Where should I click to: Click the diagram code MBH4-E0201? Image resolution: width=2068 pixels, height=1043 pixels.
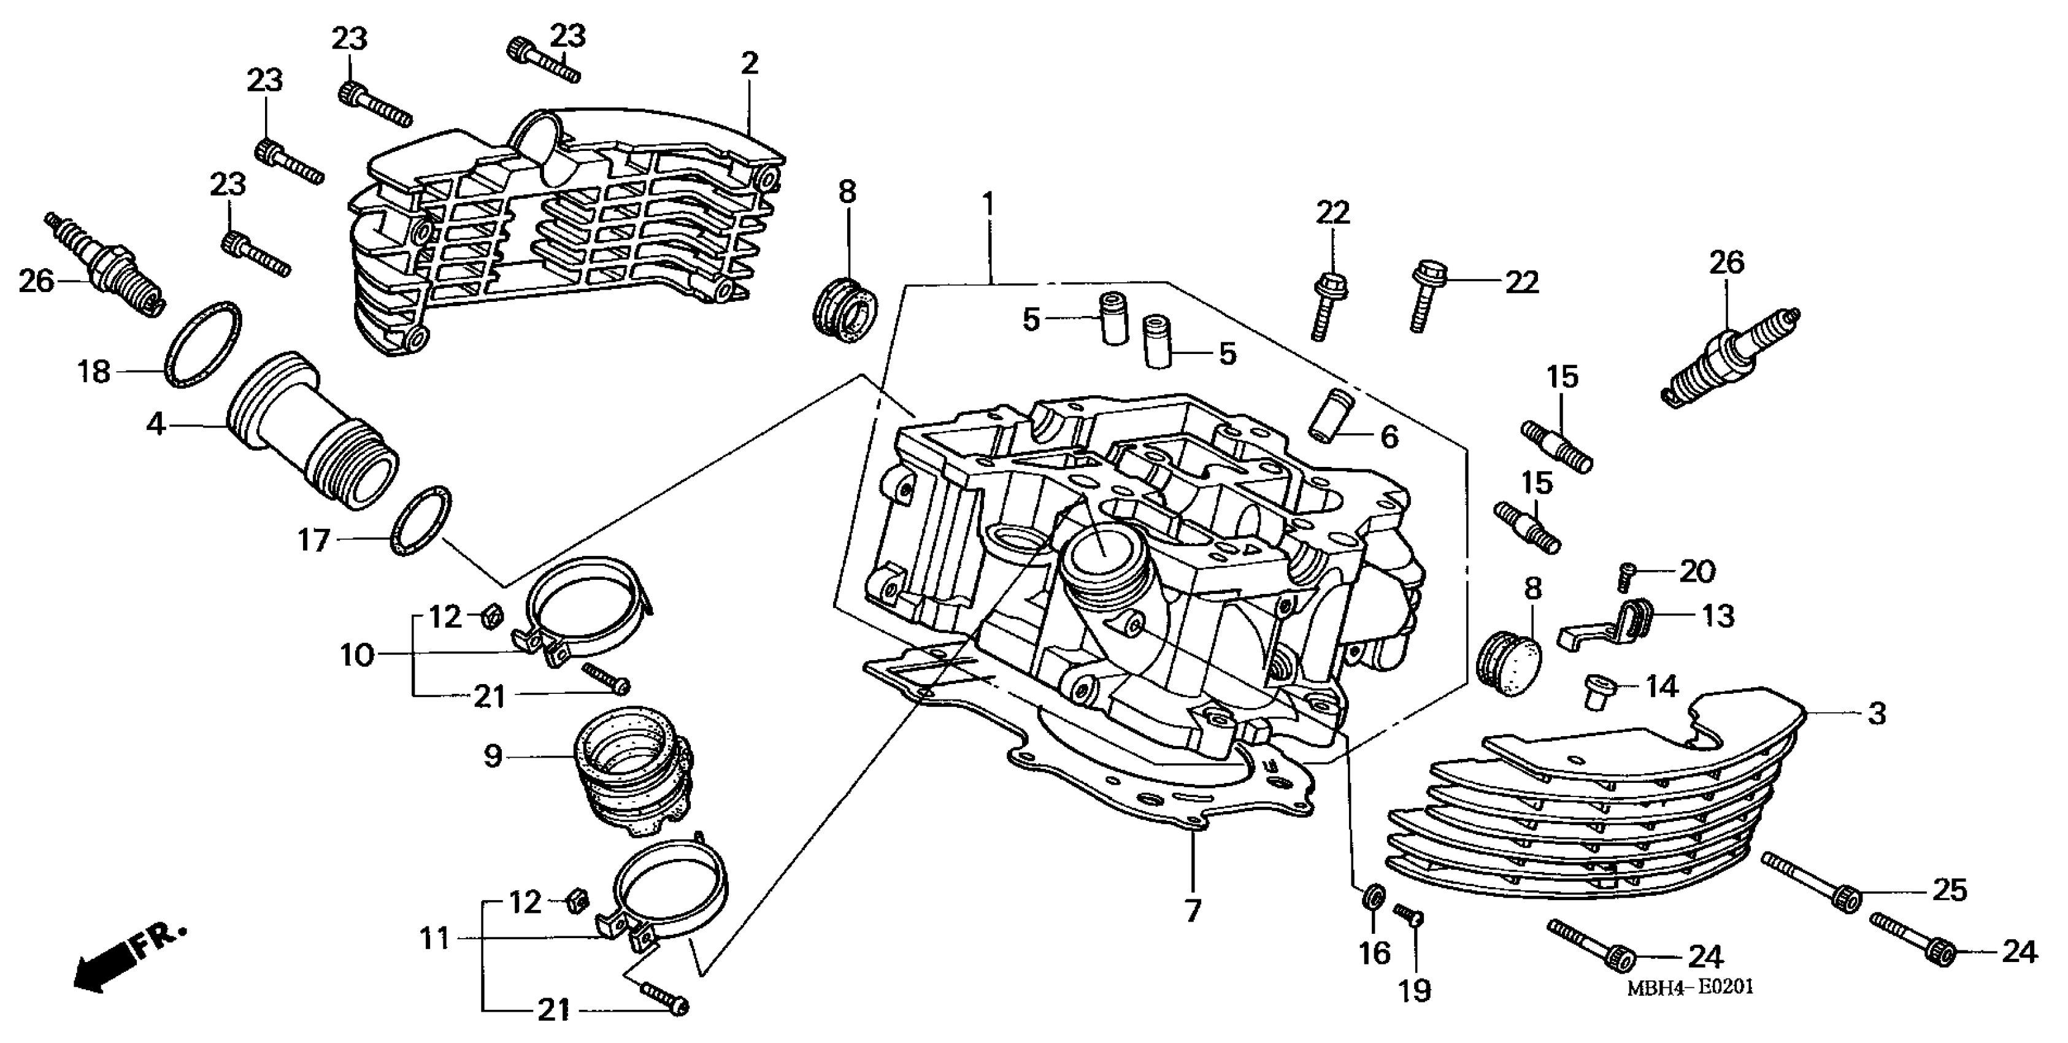pyautogui.click(x=1690, y=987)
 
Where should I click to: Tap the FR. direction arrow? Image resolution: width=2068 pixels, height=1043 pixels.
pyautogui.click(x=128, y=959)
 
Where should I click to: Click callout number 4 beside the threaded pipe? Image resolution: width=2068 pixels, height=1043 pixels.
pyautogui.click(x=155, y=423)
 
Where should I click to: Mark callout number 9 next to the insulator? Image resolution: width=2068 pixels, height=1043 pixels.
pyautogui.click(x=492, y=755)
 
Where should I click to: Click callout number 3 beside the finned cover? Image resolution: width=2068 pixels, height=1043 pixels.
pyautogui.click(x=1876, y=712)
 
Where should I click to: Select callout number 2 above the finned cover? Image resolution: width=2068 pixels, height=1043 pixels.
pyautogui.click(x=749, y=63)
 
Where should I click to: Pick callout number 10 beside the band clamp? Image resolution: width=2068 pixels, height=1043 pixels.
pyautogui.click(x=357, y=655)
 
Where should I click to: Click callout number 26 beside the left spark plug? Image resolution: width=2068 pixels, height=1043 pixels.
pyautogui.click(x=36, y=281)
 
